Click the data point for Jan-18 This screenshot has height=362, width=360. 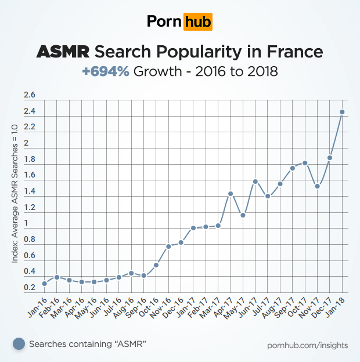click(343, 112)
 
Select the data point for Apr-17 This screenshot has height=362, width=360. click(231, 194)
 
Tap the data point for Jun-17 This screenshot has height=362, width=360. click(255, 182)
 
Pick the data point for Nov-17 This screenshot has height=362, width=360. click(318, 186)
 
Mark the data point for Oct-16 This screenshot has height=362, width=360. click(156, 265)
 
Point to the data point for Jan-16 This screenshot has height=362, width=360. click(44, 284)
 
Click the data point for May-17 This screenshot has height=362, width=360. click(243, 215)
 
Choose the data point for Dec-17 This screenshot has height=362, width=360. click(330, 158)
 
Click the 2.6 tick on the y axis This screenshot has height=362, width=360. click(30, 95)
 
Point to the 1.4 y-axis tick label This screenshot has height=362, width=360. click(30, 191)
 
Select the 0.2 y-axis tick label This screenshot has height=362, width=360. click(30, 288)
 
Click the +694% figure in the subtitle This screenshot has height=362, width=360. click(106, 72)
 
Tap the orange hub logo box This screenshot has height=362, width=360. click(197, 22)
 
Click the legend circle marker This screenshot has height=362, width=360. click(19, 344)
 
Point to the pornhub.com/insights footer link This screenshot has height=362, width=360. click(308, 345)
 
